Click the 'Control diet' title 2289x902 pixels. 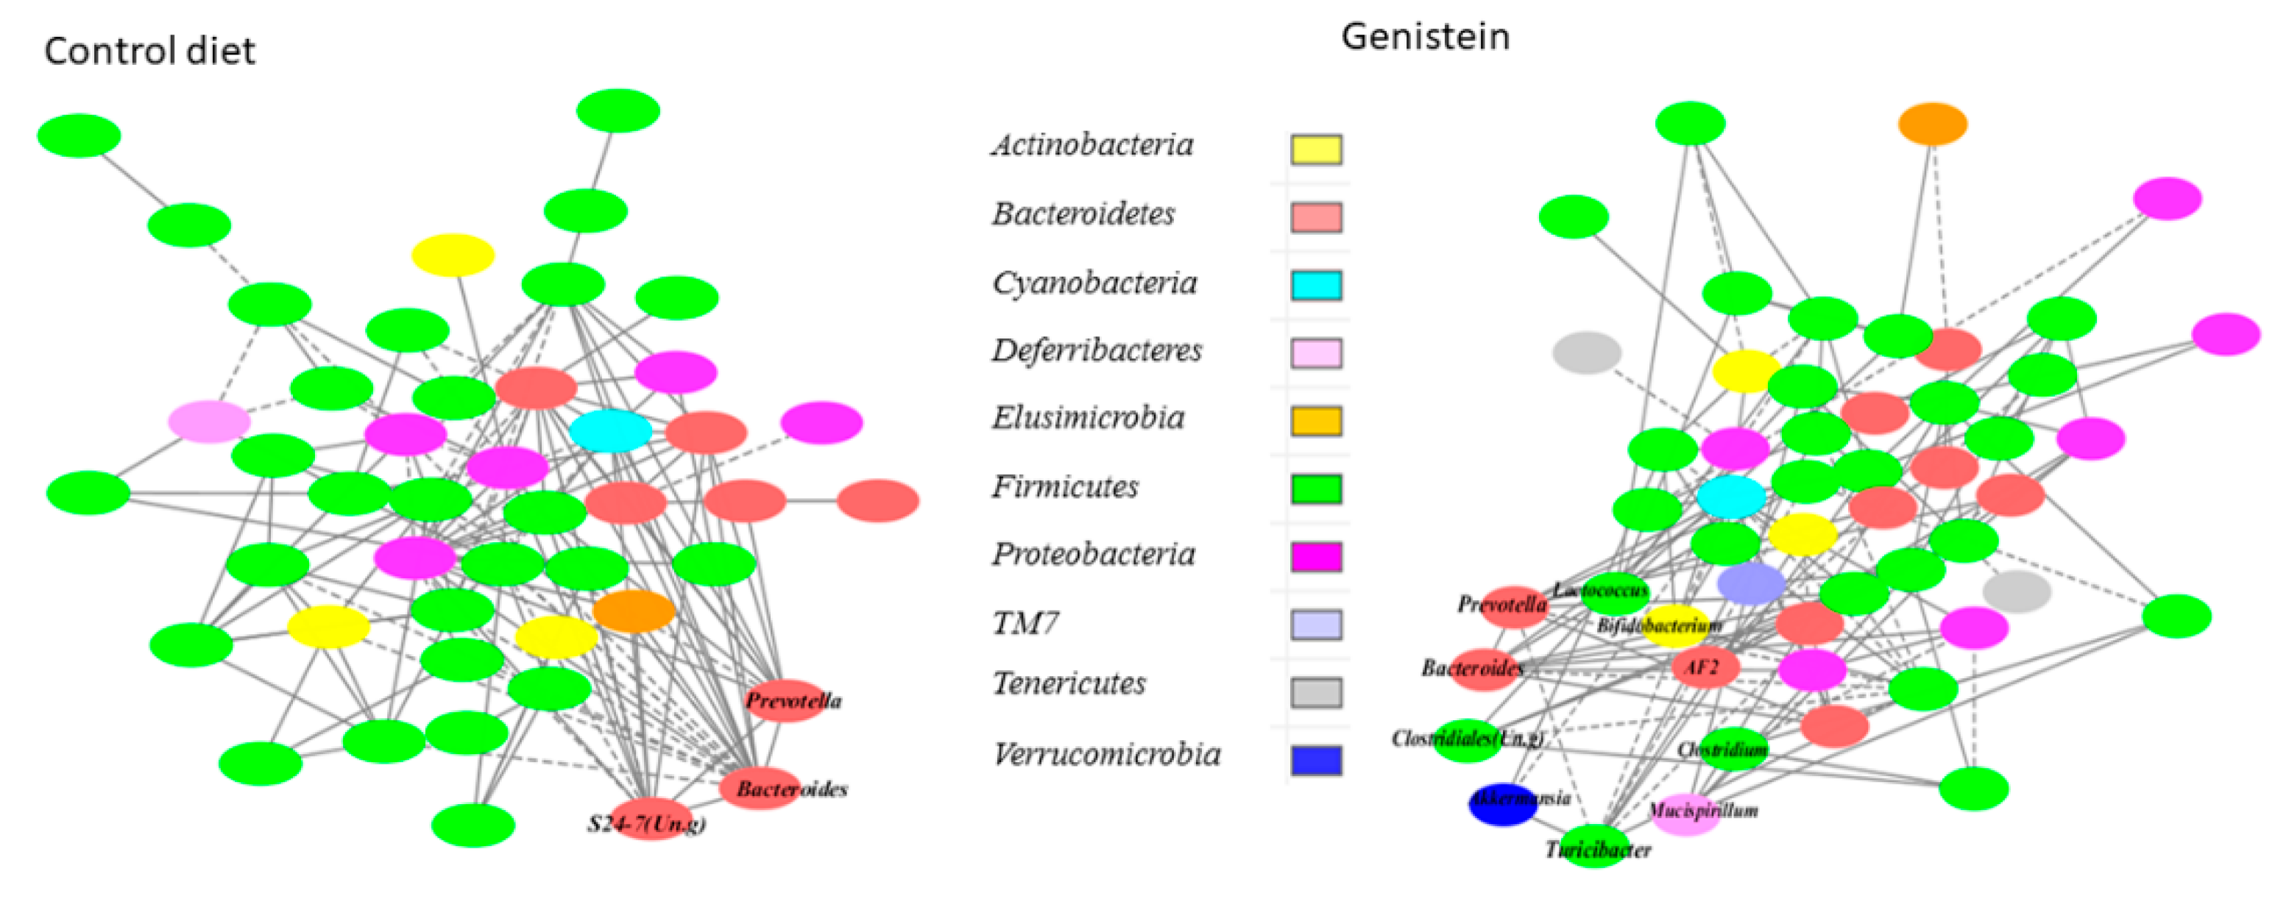(x=149, y=52)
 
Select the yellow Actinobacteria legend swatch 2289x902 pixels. (x=1315, y=149)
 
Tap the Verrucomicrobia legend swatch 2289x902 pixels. (x=1315, y=761)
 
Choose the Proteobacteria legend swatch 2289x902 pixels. (x=1315, y=557)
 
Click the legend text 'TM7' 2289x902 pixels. (x=1025, y=623)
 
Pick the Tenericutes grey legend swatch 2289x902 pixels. (x=1315, y=692)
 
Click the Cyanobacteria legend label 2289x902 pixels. (x=1094, y=283)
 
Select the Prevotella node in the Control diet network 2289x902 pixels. (x=785, y=700)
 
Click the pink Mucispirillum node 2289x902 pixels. (x=1685, y=814)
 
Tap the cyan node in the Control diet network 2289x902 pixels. (x=610, y=430)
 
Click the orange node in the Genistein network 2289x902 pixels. (x=1932, y=124)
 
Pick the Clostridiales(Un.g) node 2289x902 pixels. (x=1467, y=740)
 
